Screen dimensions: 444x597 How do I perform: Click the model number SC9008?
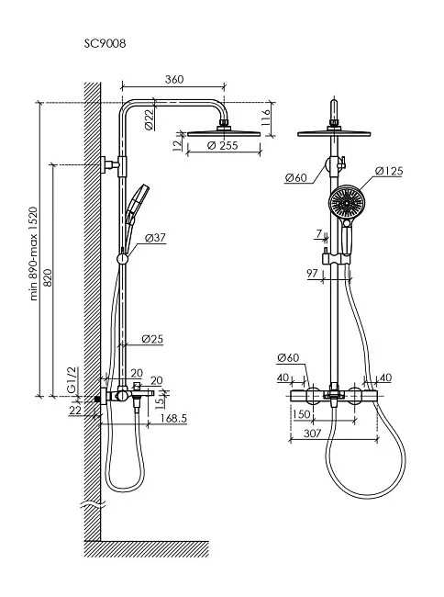coord(105,44)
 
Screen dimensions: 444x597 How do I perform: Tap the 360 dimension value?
coord(174,79)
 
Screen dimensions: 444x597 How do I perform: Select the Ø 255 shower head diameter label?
coord(222,145)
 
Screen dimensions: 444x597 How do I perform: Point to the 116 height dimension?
coord(266,118)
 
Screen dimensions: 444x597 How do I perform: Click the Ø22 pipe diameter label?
coord(150,119)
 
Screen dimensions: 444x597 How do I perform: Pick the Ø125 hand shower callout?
coord(389,171)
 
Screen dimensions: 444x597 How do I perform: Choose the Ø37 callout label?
coord(155,238)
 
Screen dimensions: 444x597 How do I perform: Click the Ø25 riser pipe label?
coord(152,339)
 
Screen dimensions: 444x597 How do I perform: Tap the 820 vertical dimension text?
coord(48,277)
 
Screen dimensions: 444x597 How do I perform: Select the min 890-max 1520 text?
coord(34,253)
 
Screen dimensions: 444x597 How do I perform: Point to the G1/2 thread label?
coord(72,379)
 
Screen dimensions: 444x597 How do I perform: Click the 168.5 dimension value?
coord(173,418)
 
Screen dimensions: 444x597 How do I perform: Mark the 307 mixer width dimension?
coord(313,434)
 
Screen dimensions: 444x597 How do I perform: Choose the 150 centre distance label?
coord(302,414)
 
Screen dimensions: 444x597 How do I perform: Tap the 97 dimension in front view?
coord(312,273)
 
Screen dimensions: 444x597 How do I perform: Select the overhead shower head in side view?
coord(224,133)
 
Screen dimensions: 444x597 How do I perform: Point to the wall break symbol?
coord(93,505)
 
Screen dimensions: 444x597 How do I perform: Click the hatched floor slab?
coord(147,548)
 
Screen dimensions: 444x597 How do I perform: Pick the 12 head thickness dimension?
coord(177,145)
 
